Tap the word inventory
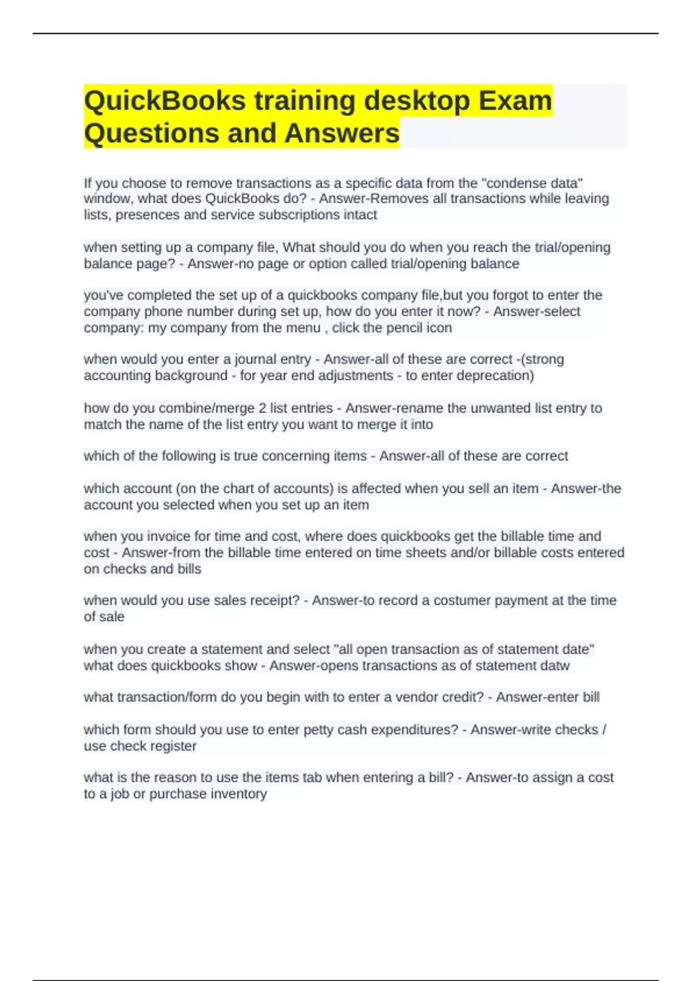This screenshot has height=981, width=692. (239, 794)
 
